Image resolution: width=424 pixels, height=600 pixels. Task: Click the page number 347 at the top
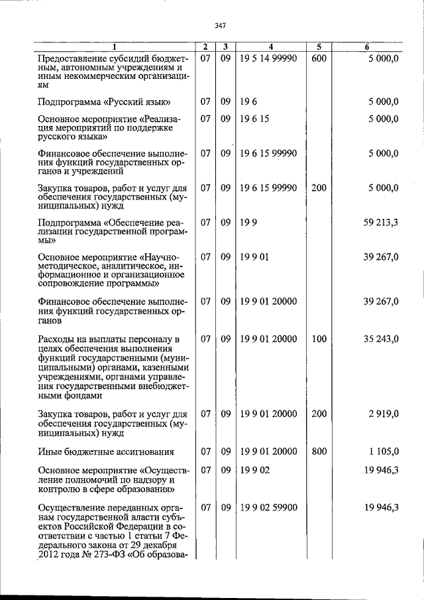pos(221,26)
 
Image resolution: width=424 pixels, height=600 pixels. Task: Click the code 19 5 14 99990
pos(268,58)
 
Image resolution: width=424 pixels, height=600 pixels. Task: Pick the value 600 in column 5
pos(319,58)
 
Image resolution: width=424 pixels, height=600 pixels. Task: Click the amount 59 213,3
pos(380,222)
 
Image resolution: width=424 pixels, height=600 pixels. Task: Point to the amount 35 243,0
pos(380,339)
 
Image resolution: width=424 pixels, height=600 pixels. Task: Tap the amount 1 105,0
pos(384,451)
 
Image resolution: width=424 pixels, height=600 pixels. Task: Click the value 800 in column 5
pos(319,451)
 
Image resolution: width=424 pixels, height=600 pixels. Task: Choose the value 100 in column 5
pos(319,339)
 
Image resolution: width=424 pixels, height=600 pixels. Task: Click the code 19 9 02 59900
pos(268,507)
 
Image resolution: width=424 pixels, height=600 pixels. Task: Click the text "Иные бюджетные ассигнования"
pos(106,452)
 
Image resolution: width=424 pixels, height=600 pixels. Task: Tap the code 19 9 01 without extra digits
pos(254,255)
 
